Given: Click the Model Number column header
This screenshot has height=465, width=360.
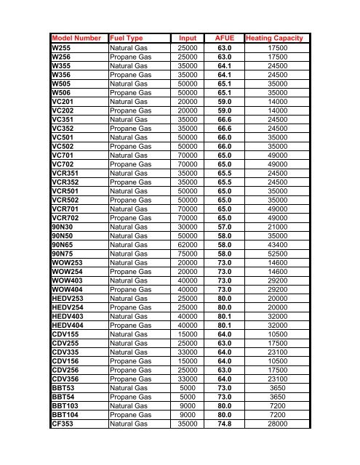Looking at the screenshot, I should [76, 38].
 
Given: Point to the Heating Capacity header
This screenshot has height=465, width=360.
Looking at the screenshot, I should [278, 38].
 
